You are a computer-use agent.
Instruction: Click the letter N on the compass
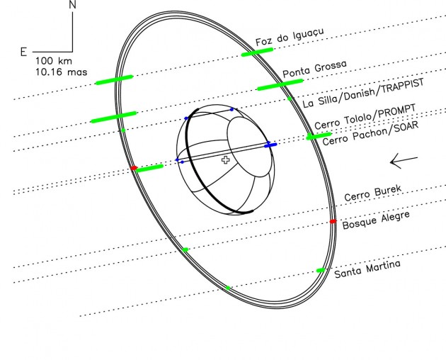coord(73,6)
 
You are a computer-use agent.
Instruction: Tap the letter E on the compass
coord(24,52)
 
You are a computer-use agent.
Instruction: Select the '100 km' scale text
coord(52,61)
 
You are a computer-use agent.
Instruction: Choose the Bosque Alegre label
coord(376,220)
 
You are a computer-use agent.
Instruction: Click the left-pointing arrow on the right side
coord(403,162)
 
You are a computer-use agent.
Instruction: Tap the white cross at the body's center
coord(226,161)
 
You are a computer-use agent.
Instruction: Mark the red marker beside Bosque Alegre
coord(333,222)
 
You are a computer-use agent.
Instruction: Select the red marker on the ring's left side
coord(134,168)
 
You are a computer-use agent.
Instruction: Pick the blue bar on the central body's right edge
coord(270,145)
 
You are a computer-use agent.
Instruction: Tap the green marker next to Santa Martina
coord(321,271)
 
